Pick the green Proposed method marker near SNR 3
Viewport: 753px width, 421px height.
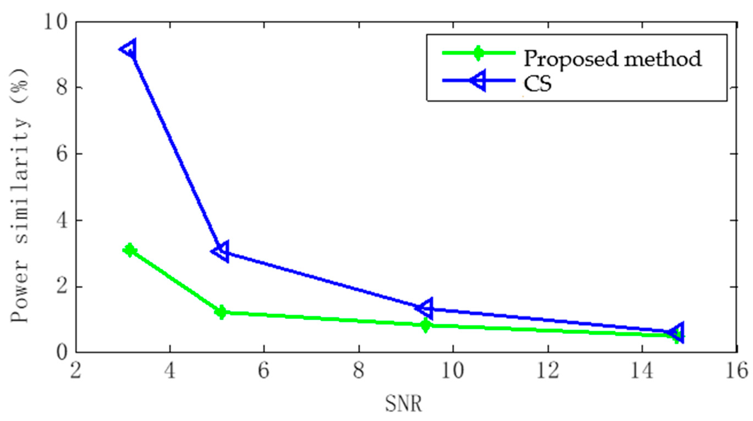(130, 250)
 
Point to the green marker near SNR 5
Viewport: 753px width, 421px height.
(221, 312)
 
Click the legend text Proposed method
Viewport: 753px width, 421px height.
(612, 59)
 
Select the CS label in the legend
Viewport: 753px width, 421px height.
(537, 84)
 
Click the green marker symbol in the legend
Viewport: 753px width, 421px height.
(478, 53)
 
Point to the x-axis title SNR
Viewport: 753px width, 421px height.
(403, 404)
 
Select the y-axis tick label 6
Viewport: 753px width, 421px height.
(62, 154)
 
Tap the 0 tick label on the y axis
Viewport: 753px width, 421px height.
(62, 352)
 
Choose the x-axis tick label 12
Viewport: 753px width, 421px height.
(548, 371)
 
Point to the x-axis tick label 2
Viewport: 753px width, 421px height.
(75, 371)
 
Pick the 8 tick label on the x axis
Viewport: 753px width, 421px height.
(359, 371)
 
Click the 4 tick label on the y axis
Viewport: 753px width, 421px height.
(62, 220)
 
